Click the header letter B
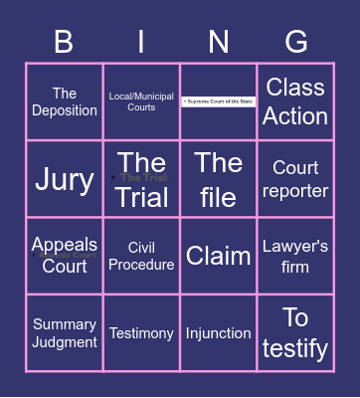64,42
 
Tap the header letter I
141,42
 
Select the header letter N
219,42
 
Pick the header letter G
296,42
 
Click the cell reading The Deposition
64,102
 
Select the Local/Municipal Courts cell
141,101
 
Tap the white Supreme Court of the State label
219,101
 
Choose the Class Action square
296,101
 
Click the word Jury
64,179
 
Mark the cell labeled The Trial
141,179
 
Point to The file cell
219,179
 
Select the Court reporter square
296,179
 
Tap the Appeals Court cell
64,256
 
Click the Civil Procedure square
141,256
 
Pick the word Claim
219,256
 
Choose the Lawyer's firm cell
296,256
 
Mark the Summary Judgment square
64,333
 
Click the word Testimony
141,333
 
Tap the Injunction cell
219,333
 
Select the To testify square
296,333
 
